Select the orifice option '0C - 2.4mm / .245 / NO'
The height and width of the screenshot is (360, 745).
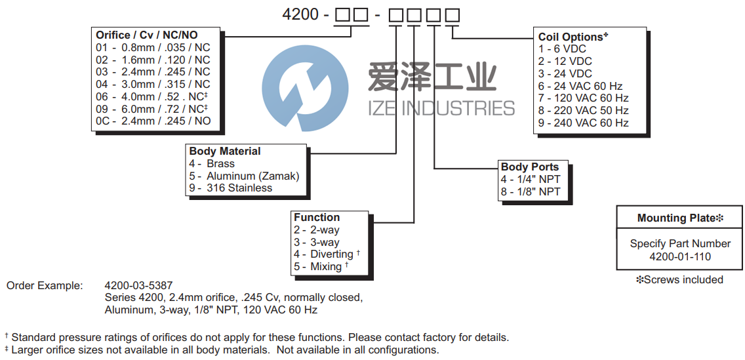coord(153,121)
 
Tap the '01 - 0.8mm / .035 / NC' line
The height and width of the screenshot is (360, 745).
coord(153,47)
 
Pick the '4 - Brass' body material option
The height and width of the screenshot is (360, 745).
coord(212,163)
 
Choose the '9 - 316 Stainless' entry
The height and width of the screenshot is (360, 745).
coord(230,188)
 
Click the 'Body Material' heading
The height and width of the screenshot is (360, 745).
coord(225,151)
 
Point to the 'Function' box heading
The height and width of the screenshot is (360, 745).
coord(317,217)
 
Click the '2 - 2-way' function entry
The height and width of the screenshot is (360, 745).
coord(317,230)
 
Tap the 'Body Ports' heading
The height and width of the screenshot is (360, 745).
coord(530,167)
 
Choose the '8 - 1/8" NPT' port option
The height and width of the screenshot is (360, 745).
coord(531,191)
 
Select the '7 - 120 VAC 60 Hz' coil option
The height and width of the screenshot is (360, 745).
coord(583,98)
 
